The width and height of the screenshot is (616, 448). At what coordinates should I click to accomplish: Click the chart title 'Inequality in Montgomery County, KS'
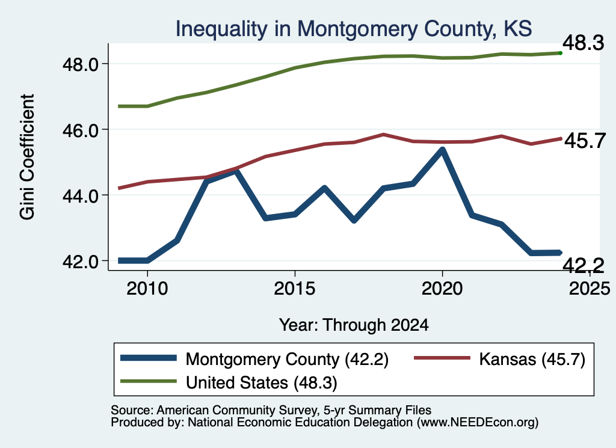point(354,29)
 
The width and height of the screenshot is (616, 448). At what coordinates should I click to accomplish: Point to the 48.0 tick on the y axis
point(80,64)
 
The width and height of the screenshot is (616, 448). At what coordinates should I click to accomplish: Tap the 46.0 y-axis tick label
point(80,130)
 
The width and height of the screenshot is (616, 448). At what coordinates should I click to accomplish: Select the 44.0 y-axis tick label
point(80,196)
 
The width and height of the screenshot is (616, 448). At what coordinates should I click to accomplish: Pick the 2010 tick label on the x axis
point(147,289)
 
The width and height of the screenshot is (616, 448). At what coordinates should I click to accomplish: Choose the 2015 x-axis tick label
point(295,289)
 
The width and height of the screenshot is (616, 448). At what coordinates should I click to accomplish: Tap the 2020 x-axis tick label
point(442,289)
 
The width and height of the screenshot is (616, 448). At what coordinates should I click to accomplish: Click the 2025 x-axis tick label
point(590,289)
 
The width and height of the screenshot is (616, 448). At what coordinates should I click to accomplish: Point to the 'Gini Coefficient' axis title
point(27,157)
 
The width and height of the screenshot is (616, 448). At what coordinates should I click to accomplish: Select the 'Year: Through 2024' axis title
point(354,325)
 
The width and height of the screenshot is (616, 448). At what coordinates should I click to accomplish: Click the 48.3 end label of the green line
point(583,43)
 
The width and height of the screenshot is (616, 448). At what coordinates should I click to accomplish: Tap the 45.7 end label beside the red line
point(585,141)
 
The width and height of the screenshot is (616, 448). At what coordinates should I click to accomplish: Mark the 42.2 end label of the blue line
point(583,266)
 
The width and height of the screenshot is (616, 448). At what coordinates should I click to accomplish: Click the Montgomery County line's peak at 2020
point(442,150)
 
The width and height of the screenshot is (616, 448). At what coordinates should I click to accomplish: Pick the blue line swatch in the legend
point(149,358)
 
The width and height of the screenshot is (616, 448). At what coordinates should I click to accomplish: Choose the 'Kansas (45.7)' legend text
point(532,360)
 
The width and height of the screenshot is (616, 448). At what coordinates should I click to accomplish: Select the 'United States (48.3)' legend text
point(261,383)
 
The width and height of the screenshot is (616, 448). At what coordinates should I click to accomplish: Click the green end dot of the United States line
point(561,53)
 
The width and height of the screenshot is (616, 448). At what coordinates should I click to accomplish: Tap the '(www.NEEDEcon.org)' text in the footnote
point(477,423)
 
